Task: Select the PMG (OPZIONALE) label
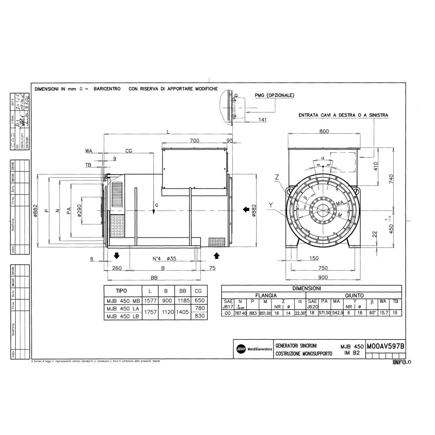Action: coord(275,95)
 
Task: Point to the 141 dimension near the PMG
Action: coord(263,120)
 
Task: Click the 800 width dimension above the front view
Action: coord(324,132)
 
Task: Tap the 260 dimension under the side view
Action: coord(116,268)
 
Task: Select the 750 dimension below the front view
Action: coord(324,268)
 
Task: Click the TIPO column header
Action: coord(118,291)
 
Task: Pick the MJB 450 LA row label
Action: coord(122,308)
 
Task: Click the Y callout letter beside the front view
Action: coord(270,204)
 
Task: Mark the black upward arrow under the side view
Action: coord(217,255)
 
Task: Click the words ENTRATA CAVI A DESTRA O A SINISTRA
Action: coord(343,115)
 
